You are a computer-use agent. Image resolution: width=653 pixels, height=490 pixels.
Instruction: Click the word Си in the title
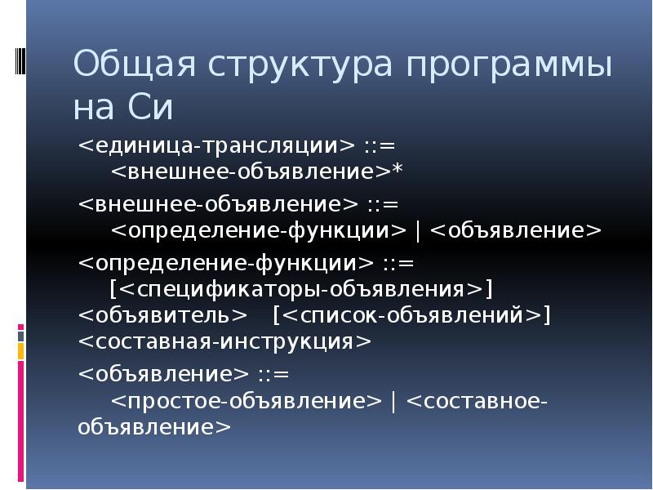pyautogui.click(x=150, y=109)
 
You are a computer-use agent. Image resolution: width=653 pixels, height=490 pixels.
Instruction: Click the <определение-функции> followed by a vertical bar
pyautogui.click(x=258, y=230)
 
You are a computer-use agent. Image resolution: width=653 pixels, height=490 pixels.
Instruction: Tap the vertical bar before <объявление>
pyautogui.click(x=419, y=230)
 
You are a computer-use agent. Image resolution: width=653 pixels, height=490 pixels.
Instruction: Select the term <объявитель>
pyautogui.click(x=162, y=315)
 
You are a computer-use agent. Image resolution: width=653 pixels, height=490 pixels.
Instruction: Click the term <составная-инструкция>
pyautogui.click(x=224, y=341)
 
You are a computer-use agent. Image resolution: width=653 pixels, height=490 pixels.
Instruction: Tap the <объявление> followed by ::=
pyautogui.click(x=163, y=374)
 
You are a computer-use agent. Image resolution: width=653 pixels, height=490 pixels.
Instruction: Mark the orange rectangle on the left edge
pyautogui.click(x=21, y=351)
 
